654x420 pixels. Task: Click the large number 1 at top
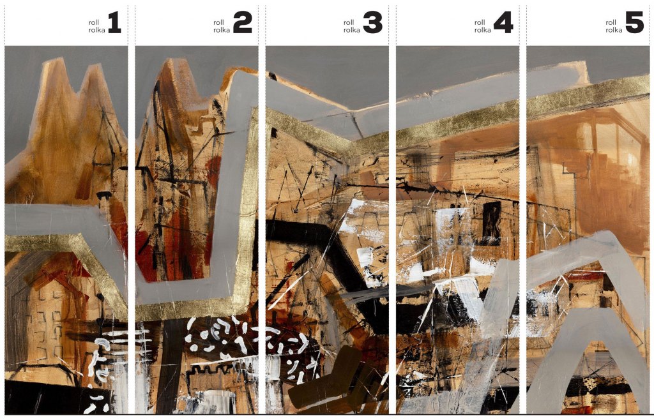pyautogui.click(x=115, y=22)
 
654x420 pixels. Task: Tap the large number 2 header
pyautogui.click(x=243, y=22)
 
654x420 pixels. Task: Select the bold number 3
pyautogui.click(x=372, y=22)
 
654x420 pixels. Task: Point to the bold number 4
pyautogui.click(x=503, y=22)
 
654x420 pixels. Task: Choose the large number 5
pyautogui.click(x=634, y=22)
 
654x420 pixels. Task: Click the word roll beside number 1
pyautogui.click(x=94, y=22)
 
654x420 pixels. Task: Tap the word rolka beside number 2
pyautogui.click(x=222, y=30)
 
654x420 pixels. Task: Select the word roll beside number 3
pyautogui.click(x=349, y=22)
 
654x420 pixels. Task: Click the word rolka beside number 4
pyautogui.click(x=483, y=30)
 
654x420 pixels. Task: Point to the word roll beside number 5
pyautogui.click(x=611, y=22)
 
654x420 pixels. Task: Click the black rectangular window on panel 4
pyautogui.click(x=492, y=220)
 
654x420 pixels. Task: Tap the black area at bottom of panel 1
pyautogui.click(x=54, y=396)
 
